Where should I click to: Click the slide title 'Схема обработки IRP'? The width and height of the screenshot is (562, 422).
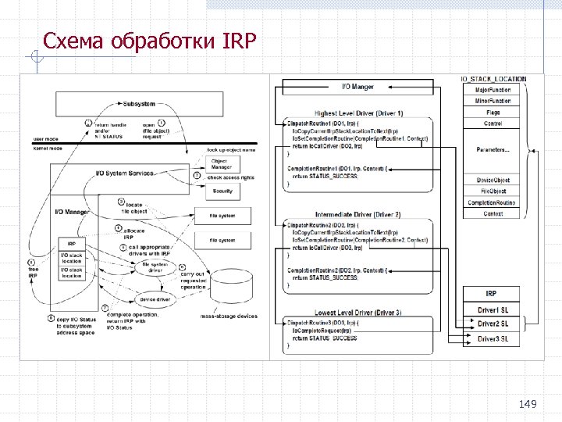[149, 40]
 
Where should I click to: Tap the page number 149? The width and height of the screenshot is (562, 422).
[528, 403]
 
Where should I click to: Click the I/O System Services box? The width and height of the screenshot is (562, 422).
[124, 173]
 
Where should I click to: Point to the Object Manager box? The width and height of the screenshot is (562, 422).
[222, 163]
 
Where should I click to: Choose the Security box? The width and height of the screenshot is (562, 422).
[222, 190]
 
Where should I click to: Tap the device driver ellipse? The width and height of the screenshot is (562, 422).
[155, 299]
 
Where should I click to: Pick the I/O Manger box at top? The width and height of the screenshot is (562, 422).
[358, 86]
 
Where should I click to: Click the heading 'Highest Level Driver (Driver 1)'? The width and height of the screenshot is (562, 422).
[358, 113]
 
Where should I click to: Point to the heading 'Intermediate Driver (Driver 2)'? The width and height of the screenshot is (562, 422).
[358, 213]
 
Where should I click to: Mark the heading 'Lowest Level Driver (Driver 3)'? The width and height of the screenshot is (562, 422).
[358, 312]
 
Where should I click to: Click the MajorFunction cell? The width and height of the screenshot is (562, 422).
[493, 90]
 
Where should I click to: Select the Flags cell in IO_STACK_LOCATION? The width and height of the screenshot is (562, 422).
[493, 113]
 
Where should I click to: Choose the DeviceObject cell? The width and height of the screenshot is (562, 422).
[493, 181]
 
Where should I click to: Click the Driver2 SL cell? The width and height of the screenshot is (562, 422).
[493, 324]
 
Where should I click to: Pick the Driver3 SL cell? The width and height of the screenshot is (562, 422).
[493, 338]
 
